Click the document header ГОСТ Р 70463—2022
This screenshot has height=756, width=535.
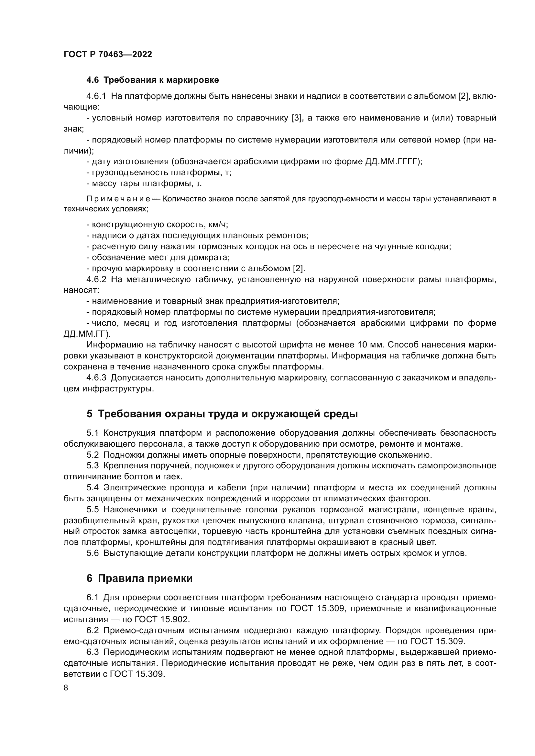point(108,55)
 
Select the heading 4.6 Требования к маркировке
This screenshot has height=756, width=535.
point(153,80)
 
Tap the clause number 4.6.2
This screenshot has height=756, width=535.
point(96,280)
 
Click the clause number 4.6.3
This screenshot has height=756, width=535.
point(96,378)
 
